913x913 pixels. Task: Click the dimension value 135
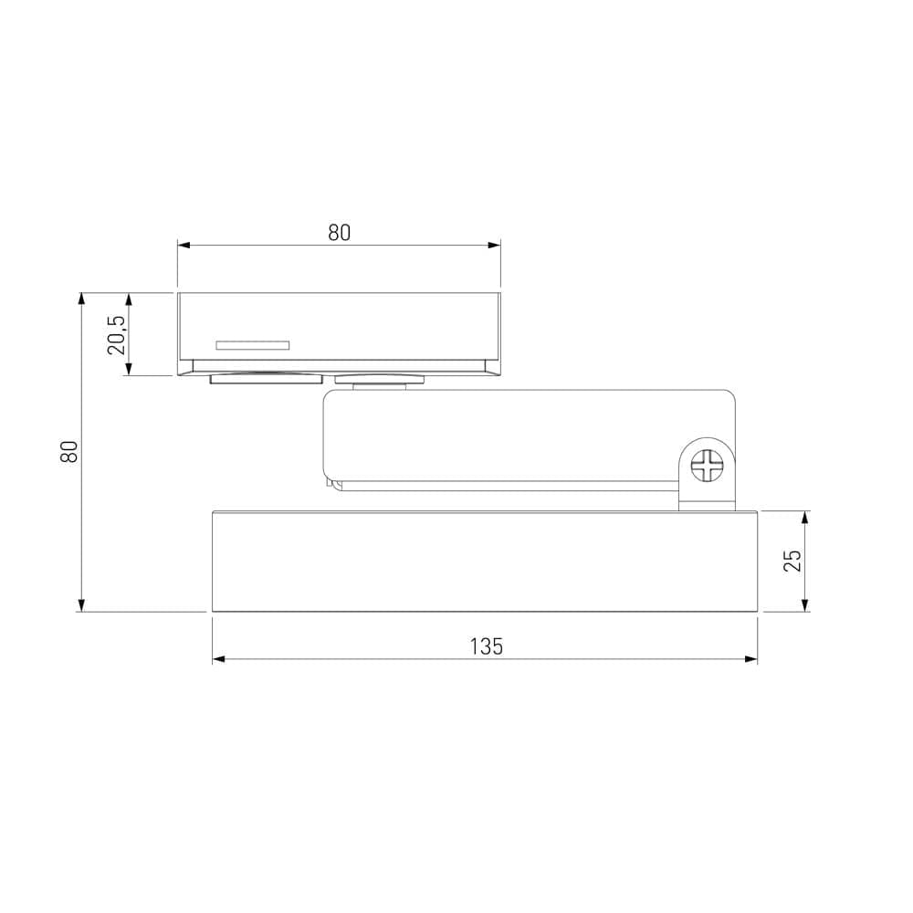click(x=486, y=646)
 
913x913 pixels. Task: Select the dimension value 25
click(x=793, y=561)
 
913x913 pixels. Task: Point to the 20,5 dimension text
click(x=116, y=334)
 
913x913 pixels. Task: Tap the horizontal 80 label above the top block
click(x=339, y=233)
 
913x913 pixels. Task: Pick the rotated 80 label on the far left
click(x=69, y=451)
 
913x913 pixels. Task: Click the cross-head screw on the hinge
click(x=708, y=466)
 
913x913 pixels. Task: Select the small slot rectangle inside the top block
click(x=252, y=345)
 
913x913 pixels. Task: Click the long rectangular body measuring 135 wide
click(x=484, y=561)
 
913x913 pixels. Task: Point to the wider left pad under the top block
click(x=267, y=379)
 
